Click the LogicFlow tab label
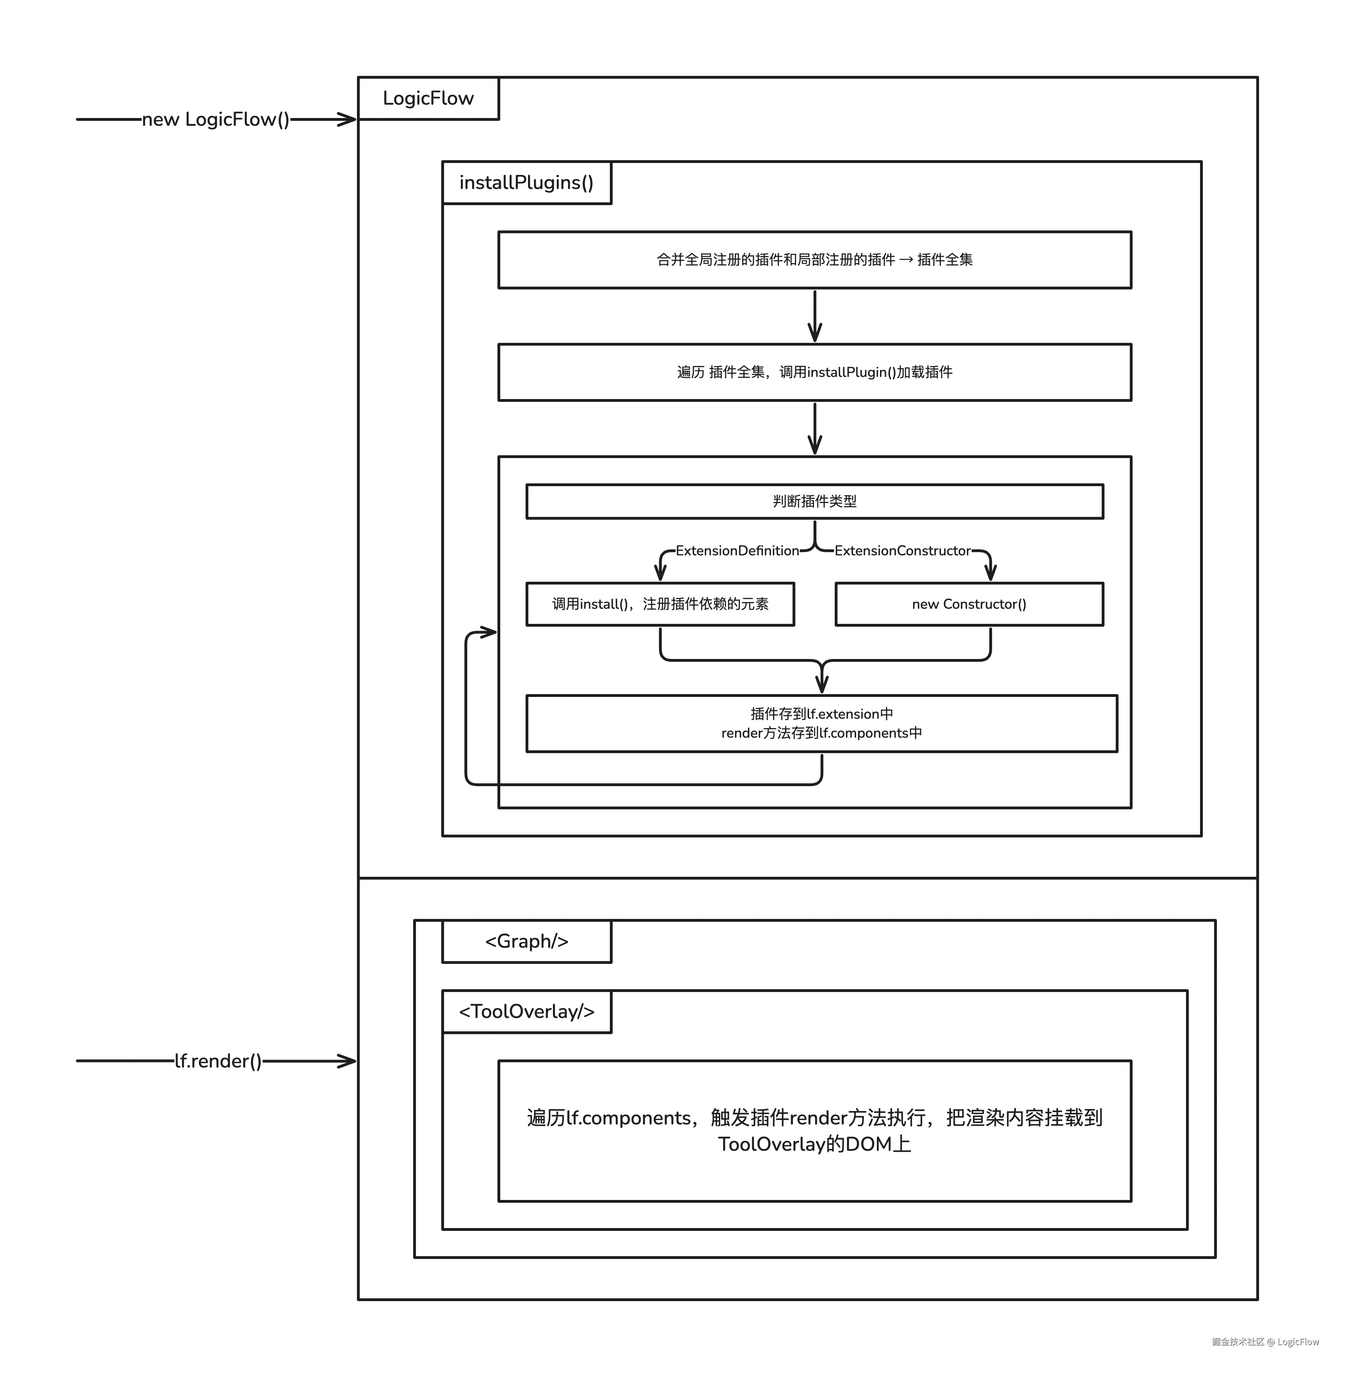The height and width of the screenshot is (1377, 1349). point(428,98)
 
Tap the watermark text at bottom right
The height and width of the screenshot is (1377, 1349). point(1265,1342)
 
